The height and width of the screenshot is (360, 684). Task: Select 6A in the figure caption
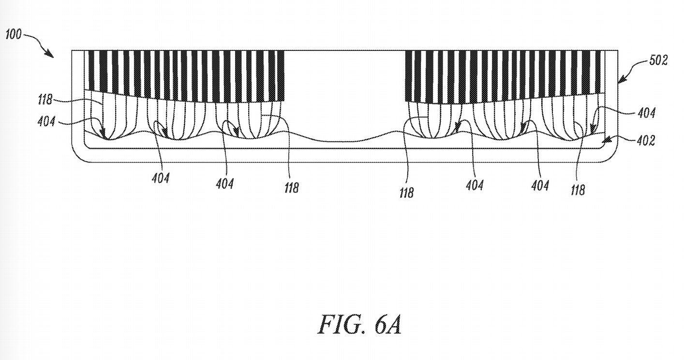[x=387, y=325]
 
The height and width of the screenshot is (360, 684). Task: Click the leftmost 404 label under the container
[x=160, y=179]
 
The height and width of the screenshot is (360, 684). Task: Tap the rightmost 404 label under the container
[x=540, y=185]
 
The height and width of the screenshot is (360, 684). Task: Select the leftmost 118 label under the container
[x=291, y=188]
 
